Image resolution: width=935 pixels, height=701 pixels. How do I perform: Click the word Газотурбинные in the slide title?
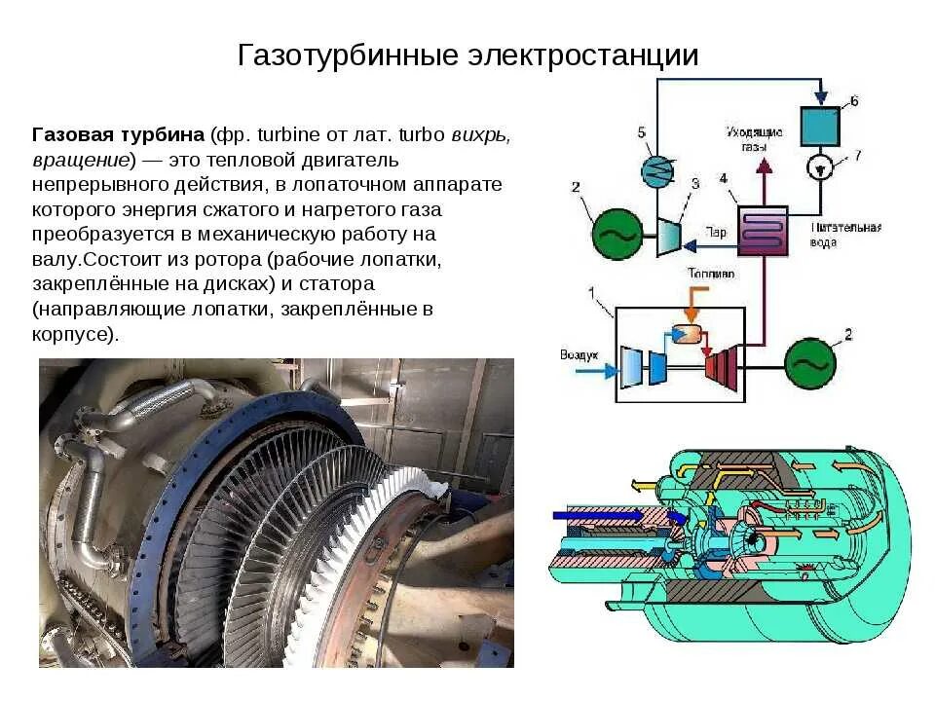[348, 55]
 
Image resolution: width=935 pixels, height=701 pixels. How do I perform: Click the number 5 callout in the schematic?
[641, 130]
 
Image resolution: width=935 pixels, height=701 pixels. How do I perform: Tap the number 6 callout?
[854, 100]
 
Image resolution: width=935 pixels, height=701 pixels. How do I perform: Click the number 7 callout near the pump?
[858, 155]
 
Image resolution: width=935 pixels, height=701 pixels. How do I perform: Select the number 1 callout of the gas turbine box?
[591, 292]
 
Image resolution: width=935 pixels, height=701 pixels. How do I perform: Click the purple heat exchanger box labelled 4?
[762, 230]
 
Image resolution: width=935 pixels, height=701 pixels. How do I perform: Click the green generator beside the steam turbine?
[616, 234]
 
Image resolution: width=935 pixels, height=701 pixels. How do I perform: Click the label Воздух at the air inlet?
[579, 354]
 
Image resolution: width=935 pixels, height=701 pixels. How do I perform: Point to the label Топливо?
[711, 275]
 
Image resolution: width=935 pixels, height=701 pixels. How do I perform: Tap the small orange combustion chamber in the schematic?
[687, 333]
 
